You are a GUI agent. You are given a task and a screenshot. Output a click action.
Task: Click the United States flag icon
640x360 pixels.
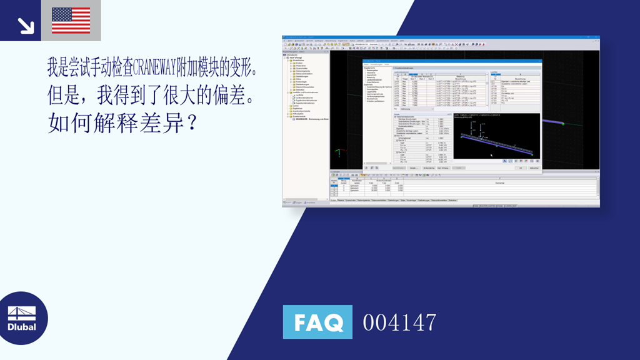coord(71,20)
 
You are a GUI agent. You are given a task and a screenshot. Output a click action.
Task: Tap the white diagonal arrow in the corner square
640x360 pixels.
coord(25,25)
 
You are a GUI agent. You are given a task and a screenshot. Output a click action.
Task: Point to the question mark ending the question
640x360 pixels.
coord(192,122)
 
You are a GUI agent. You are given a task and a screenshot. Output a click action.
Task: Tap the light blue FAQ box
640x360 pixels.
coord(317,322)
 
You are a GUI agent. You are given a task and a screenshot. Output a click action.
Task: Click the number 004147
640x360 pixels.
coord(399,322)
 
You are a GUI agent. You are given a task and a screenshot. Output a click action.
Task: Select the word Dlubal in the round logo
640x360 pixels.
coord(22,327)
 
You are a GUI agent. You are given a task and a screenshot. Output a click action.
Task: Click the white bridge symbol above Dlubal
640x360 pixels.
coord(22,313)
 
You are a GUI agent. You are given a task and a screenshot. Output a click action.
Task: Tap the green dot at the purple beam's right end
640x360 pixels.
coord(562,123)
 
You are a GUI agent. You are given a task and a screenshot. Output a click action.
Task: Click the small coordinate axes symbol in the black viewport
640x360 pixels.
coord(339,152)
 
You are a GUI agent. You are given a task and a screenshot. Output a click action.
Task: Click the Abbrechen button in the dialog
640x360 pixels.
coord(534,168)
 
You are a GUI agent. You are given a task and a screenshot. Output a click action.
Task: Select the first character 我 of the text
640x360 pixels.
coord(54,66)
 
